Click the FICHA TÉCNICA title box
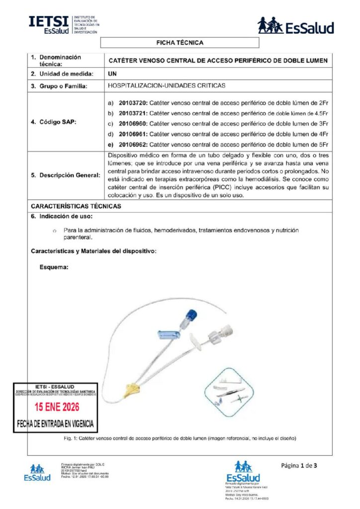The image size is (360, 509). (x=180, y=43)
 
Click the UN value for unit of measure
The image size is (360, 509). (x=112, y=74)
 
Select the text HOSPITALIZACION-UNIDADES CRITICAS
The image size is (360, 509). (x=166, y=85)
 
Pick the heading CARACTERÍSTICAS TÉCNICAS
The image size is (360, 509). (x=76, y=206)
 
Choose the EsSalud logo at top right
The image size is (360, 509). (x=295, y=25)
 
